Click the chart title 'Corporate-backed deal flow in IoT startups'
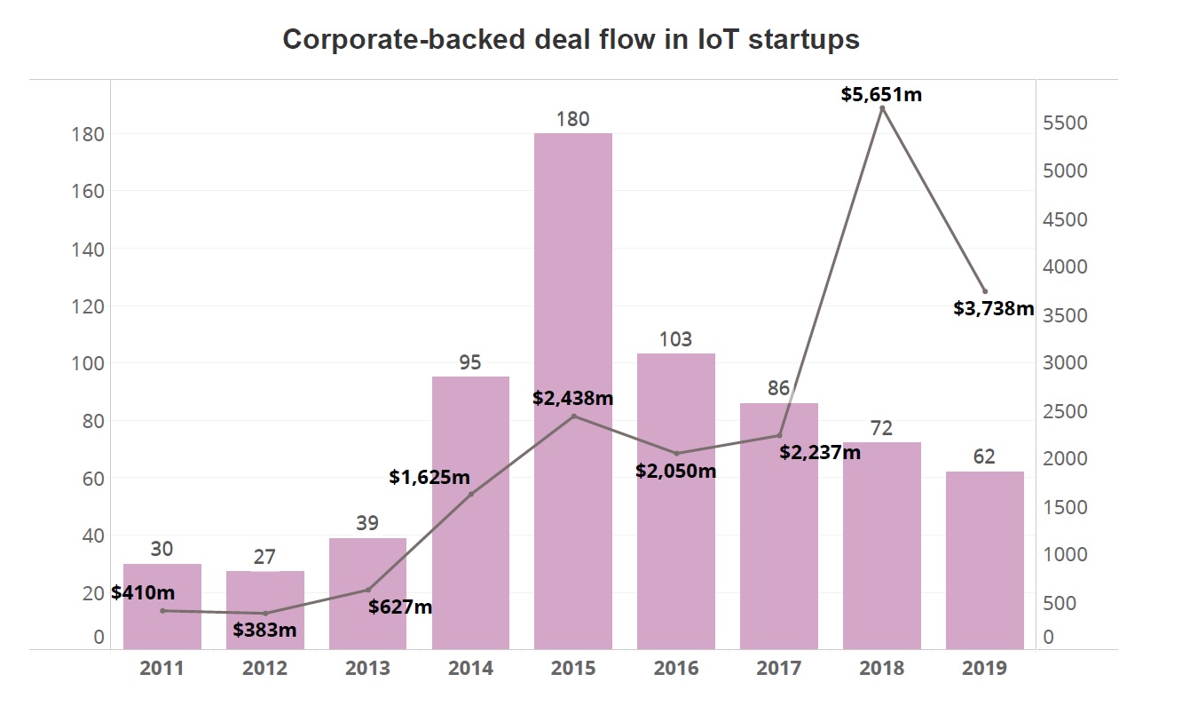[x=571, y=40]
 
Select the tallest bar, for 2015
[x=573, y=391]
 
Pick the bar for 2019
[x=985, y=559]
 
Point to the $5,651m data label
[x=881, y=93]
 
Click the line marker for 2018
[x=882, y=108]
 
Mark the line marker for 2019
[x=985, y=291]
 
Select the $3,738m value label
[x=994, y=308]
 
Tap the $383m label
[x=264, y=630]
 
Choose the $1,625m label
[x=430, y=477]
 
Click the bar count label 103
[x=676, y=338]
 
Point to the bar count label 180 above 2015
[x=573, y=118]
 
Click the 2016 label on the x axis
[x=676, y=668]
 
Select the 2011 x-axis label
[x=162, y=668]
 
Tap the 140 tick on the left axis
[x=87, y=249]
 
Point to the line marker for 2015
[x=573, y=416]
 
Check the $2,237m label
[x=820, y=452]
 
